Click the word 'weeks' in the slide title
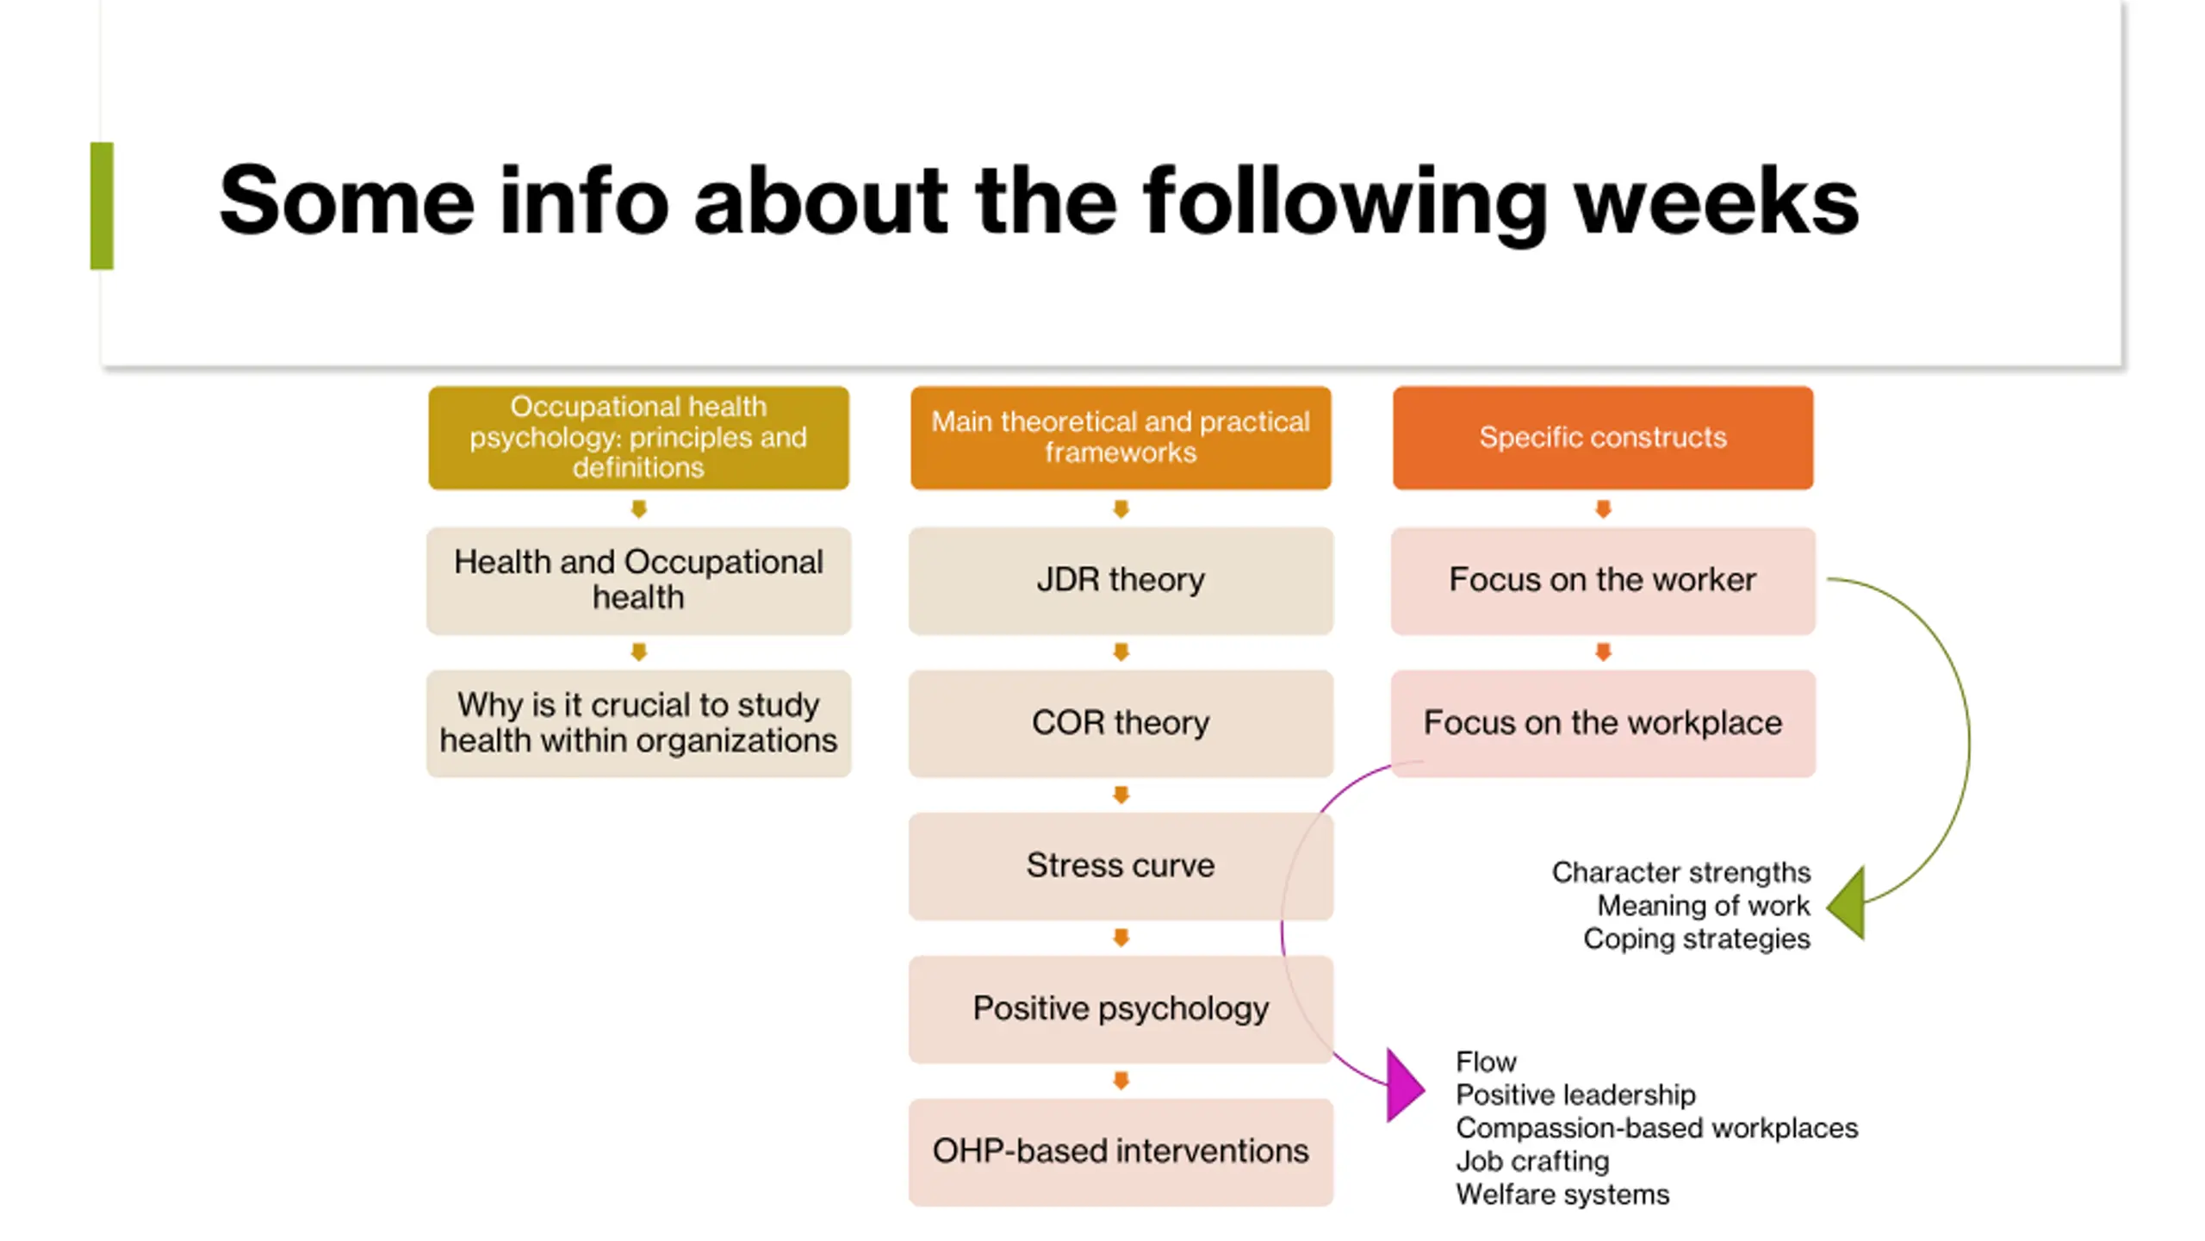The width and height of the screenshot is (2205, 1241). tap(1716, 203)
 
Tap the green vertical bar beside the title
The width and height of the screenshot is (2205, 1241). tap(102, 205)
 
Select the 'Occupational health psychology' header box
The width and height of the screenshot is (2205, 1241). tap(638, 437)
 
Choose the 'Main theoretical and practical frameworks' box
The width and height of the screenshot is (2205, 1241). tap(1120, 437)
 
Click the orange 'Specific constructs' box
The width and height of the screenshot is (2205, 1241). tap(1602, 437)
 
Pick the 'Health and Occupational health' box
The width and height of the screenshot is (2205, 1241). tap(638, 580)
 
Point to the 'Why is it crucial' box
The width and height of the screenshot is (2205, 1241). tap(638, 723)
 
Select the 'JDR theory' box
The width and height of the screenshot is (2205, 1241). tap(1120, 580)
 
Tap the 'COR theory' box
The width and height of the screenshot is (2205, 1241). tap(1120, 723)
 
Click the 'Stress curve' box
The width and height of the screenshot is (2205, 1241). tap(1120, 865)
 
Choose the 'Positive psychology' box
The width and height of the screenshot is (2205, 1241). tap(1120, 1008)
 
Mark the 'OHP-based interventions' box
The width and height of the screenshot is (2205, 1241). tap(1120, 1151)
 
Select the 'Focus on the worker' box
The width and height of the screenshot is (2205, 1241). tap(1602, 580)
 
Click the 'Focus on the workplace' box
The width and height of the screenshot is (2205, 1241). tap(1602, 723)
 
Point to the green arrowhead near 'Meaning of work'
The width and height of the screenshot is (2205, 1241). tap(1848, 903)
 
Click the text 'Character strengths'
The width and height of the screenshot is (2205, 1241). tap(1680, 872)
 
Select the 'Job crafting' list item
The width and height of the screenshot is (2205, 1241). tap(1531, 1162)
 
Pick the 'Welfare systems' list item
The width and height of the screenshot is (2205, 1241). tap(1562, 1195)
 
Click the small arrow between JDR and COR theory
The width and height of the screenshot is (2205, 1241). tap(1121, 652)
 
